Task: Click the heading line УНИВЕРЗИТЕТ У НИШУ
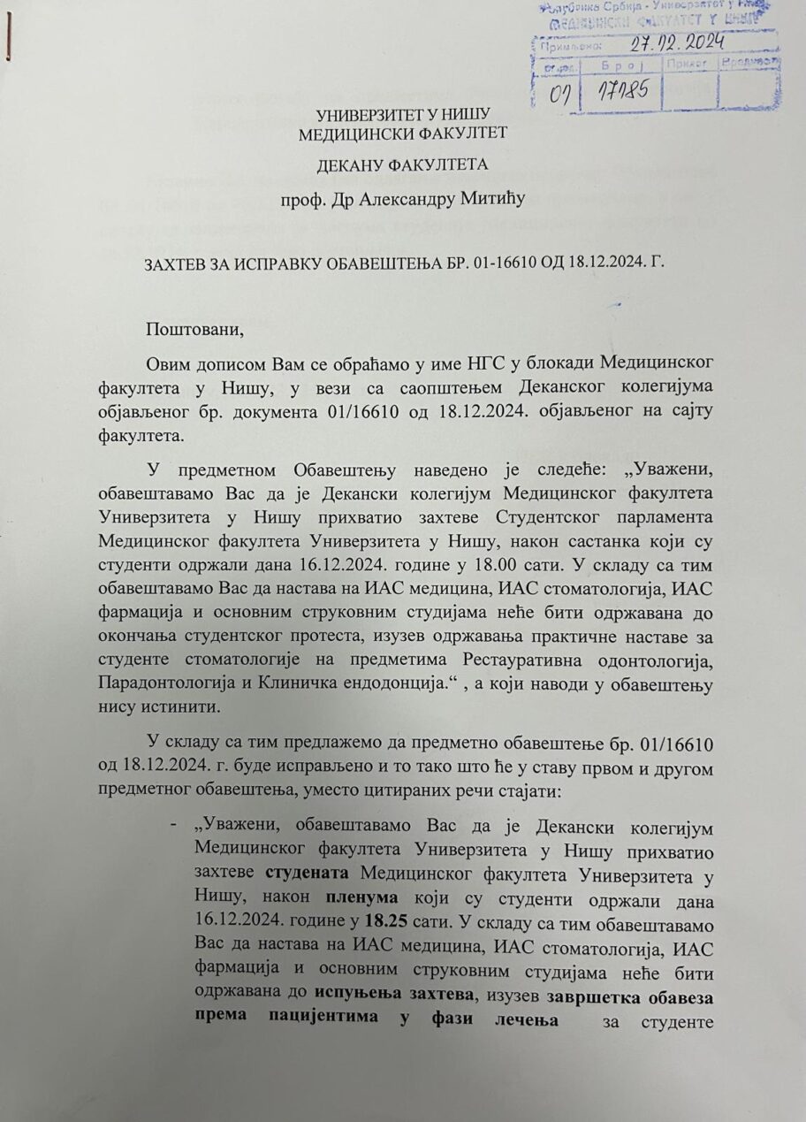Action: click(403, 115)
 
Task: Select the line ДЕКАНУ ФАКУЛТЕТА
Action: click(403, 164)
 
